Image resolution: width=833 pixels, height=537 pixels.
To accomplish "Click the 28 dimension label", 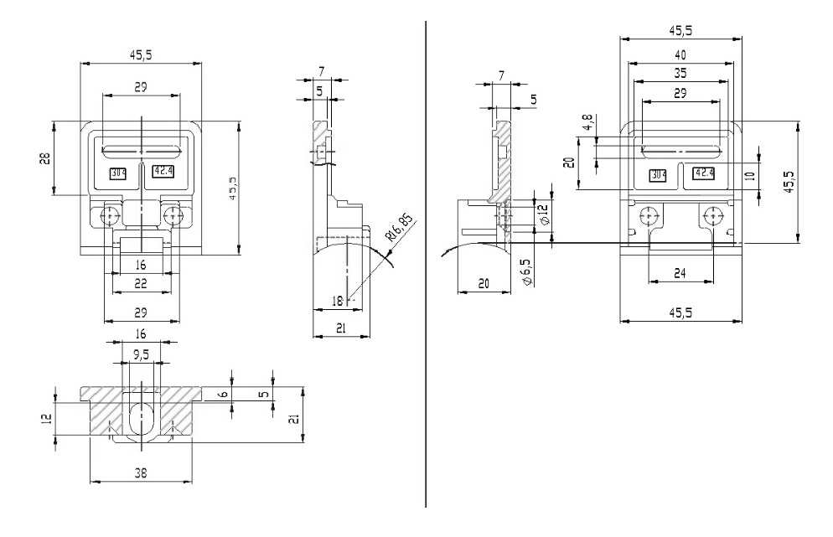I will [47, 158].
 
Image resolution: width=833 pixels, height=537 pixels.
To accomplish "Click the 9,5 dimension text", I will [142, 355].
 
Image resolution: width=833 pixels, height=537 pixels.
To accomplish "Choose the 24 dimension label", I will [680, 272].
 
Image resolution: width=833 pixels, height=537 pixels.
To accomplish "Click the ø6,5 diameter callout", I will [527, 270].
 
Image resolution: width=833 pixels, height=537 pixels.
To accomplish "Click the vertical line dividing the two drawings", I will [427, 268].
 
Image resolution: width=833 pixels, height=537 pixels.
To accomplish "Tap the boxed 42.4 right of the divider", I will [703, 173].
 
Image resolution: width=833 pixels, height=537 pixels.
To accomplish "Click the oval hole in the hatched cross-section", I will [141, 417].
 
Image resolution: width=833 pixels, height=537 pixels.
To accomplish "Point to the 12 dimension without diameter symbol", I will [47, 416].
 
